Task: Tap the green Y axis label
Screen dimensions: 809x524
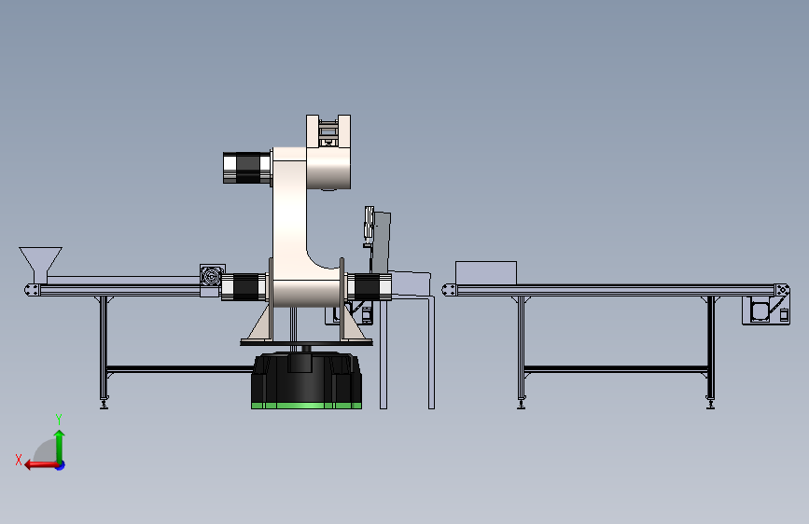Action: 59,420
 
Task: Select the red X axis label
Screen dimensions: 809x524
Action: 19,460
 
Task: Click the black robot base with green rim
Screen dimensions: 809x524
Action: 306,380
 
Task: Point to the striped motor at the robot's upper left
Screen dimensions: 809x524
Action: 247,168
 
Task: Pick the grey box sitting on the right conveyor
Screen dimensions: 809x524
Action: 486,273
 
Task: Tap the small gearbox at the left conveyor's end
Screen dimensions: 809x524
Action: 212,276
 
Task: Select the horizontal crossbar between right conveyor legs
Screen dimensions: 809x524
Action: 616,369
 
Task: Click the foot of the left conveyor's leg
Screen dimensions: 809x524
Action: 105,404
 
